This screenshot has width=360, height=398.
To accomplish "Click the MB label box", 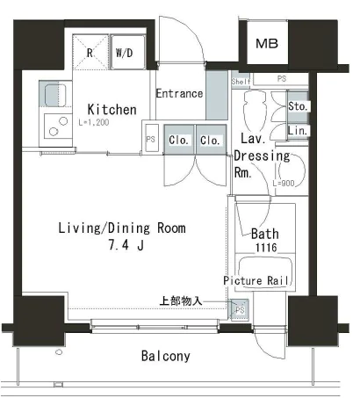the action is [267, 43].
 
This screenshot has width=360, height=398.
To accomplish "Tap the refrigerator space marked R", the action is [90, 52].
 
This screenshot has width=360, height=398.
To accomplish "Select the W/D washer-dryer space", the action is [128, 52].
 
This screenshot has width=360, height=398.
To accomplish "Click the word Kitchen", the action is [112, 110].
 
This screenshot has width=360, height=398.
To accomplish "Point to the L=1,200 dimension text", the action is [94, 122].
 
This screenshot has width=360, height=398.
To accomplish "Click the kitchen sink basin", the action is [55, 95].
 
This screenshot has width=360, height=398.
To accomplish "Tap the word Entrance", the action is [179, 94].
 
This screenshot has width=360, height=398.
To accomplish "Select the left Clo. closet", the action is [179, 140].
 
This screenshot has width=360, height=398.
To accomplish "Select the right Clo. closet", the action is [211, 140].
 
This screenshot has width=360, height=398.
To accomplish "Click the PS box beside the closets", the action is [152, 138].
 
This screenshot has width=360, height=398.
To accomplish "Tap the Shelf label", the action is [241, 81].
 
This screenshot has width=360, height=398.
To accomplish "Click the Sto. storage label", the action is [298, 106].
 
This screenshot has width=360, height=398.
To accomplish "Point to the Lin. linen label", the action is [298, 131].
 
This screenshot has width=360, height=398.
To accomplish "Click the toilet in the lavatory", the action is [255, 110].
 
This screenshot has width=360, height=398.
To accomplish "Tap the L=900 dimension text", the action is [284, 184].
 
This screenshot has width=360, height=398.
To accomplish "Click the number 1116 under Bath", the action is [266, 248].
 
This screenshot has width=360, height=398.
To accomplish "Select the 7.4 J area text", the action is [126, 245].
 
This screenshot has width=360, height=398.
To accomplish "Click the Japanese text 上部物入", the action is [181, 300].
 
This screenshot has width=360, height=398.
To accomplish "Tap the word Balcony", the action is [166, 356].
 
